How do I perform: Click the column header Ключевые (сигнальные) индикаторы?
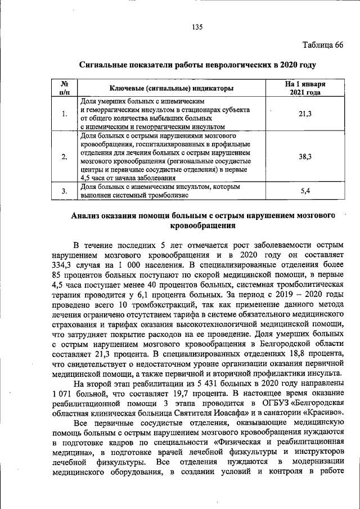point(172,88)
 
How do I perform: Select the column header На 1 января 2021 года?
point(305,88)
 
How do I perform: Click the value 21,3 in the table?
point(305,114)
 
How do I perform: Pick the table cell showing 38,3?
point(305,157)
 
